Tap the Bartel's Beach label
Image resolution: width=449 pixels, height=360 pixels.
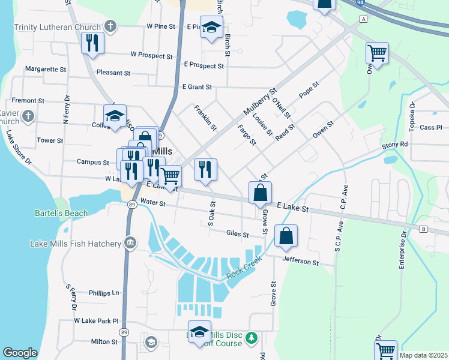(61, 213)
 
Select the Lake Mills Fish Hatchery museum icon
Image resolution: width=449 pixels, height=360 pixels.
(129, 242)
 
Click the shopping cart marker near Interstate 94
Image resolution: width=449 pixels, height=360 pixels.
(377, 54)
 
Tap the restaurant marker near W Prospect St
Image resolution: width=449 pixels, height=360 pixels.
(92, 43)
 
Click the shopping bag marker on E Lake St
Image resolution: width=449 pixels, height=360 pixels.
(260, 193)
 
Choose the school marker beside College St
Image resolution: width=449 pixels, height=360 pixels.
(115, 115)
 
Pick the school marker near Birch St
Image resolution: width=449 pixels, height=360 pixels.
(211, 28)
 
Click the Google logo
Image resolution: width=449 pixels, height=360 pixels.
(20, 353)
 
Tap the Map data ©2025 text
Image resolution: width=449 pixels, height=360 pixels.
(423, 355)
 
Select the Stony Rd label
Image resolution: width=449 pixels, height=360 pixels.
(395, 145)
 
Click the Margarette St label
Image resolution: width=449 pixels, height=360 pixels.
(46, 70)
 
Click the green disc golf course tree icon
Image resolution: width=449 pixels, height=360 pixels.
(253, 339)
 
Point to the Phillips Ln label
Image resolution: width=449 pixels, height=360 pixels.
(104, 293)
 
